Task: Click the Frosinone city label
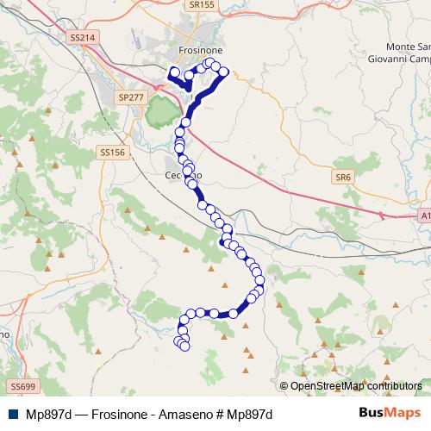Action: [x=200, y=51]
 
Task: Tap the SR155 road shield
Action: [x=201, y=4]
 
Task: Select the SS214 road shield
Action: [x=81, y=38]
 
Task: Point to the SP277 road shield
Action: [x=132, y=97]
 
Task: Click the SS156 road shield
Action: [x=113, y=152]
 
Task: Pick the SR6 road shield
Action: [x=344, y=178]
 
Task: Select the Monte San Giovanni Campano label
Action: [x=397, y=53]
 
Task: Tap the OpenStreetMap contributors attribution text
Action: [x=355, y=386]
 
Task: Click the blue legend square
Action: [x=11, y=414]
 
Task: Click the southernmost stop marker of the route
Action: [x=184, y=347]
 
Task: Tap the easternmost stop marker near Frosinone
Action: [x=224, y=72]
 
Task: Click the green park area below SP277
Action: [x=161, y=111]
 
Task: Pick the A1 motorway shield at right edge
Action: [x=425, y=215]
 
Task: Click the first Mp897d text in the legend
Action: [x=48, y=414]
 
